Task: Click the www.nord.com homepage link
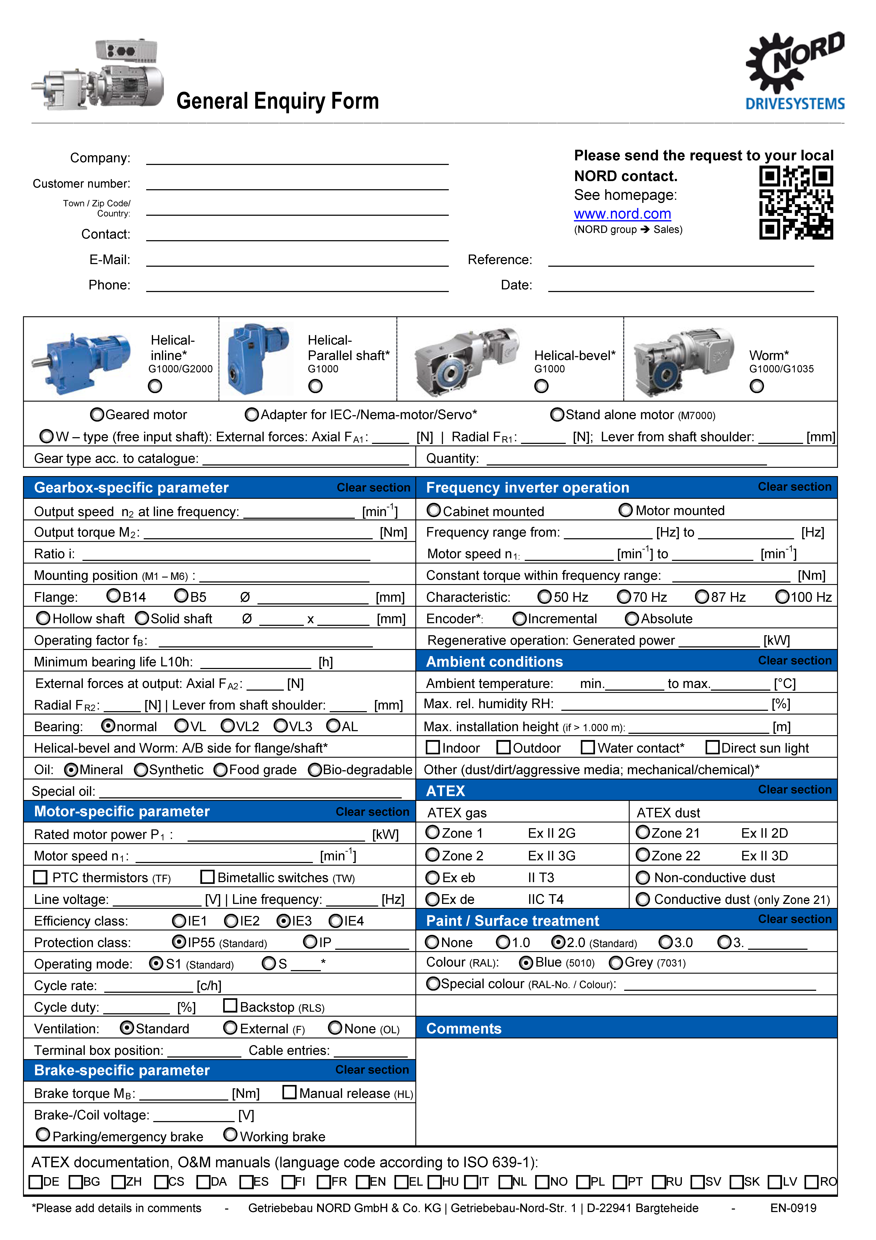click(x=622, y=214)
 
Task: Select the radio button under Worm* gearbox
click(x=757, y=386)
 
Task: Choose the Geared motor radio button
click(x=97, y=415)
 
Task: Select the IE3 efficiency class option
click(x=284, y=921)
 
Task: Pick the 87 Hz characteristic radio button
click(x=702, y=597)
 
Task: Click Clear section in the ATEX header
click(x=794, y=790)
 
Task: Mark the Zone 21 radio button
click(x=643, y=833)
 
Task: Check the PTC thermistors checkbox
click(x=41, y=877)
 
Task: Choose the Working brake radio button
click(x=231, y=1135)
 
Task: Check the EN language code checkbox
click(x=363, y=1182)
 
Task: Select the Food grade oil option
click(x=220, y=770)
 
